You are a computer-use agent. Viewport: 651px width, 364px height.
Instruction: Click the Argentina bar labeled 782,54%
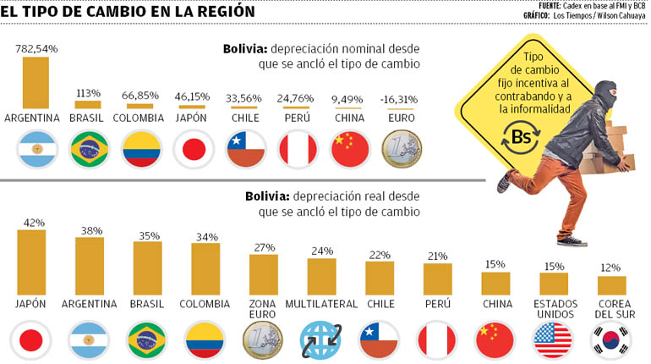point(36,82)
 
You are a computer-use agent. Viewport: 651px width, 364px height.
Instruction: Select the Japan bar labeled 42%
point(31,262)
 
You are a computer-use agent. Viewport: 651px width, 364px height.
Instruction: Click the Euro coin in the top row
point(402,151)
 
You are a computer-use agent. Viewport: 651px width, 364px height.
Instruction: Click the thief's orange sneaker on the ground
point(572,241)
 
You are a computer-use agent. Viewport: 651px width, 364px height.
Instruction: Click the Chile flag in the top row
point(245,151)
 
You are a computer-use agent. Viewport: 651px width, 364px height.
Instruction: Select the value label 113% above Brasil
point(88,93)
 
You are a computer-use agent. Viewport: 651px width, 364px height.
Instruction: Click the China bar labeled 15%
point(495,283)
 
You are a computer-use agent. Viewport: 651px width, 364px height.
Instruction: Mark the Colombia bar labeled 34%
point(205,268)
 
